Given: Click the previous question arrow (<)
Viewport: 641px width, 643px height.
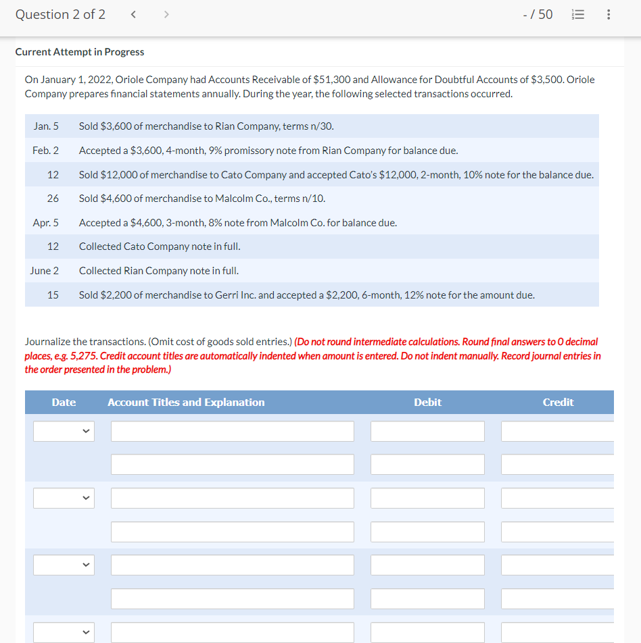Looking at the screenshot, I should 133,15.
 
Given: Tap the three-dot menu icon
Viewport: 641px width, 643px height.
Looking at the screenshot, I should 609,15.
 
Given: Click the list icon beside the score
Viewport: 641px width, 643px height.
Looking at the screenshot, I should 577,15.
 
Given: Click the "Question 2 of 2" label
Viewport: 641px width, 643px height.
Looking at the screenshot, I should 60,15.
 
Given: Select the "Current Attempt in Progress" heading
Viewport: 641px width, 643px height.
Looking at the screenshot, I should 80,52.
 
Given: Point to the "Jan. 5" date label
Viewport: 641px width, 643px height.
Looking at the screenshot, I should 46,126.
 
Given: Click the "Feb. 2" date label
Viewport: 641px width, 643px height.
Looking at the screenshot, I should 45,151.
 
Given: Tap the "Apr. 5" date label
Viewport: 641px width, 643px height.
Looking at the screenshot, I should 45,223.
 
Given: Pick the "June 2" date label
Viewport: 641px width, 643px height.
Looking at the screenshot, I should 44,271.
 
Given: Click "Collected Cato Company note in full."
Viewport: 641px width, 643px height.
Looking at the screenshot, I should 160,247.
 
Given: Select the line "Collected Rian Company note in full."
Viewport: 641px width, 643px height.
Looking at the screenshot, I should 159,271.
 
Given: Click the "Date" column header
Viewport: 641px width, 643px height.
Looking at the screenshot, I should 64,403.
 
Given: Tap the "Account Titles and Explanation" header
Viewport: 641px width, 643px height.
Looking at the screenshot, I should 186,403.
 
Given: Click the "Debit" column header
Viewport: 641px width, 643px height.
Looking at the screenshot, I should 427,403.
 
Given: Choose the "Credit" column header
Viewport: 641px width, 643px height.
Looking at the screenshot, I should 558,403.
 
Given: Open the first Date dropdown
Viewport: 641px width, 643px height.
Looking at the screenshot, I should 64,431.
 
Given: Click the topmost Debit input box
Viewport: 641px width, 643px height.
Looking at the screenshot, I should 427,431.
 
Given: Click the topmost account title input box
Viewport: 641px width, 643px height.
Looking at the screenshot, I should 232,431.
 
